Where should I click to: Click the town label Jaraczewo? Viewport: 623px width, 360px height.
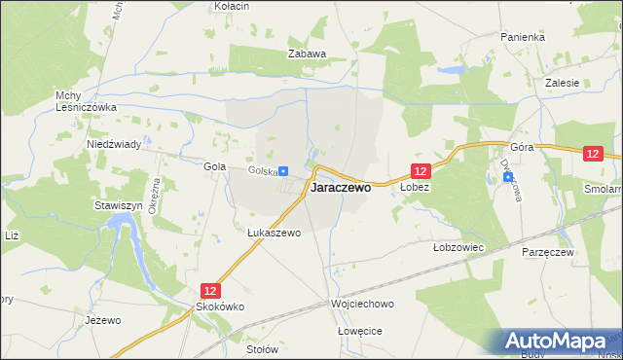[341, 189]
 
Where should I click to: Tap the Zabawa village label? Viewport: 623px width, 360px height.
[306, 54]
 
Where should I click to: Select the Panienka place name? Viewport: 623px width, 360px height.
[523, 37]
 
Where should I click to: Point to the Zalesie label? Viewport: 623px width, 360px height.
[563, 83]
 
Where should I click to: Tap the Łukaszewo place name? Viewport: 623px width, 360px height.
[274, 234]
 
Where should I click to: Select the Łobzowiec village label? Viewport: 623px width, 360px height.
[458, 248]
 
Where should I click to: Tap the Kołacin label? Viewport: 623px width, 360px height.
[232, 6]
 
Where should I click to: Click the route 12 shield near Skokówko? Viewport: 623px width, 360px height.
[211, 290]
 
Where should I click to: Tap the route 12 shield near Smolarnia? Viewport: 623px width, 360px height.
[594, 154]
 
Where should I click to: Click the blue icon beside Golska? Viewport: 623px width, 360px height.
[283, 171]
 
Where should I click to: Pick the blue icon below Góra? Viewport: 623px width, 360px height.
[493, 178]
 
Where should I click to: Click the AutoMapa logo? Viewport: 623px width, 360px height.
[558, 342]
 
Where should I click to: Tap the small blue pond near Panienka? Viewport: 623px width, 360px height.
[450, 71]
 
